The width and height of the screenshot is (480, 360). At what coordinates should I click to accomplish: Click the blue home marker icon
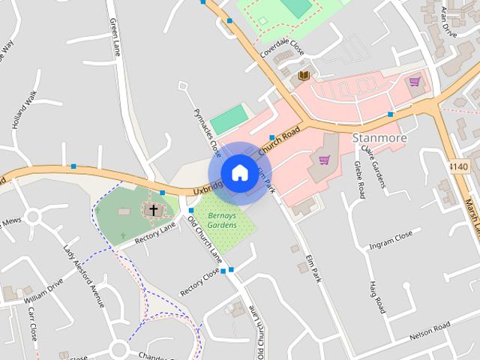239,172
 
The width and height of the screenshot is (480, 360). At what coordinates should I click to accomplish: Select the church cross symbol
154,210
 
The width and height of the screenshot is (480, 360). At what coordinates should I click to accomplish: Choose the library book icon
303,76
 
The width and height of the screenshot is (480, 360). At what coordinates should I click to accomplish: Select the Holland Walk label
25,109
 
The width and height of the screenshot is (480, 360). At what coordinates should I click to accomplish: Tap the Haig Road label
376,297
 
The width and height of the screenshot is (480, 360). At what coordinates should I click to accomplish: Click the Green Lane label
115,38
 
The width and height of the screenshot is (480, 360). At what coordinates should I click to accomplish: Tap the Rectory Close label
199,282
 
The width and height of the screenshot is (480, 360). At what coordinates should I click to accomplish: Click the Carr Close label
32,322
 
